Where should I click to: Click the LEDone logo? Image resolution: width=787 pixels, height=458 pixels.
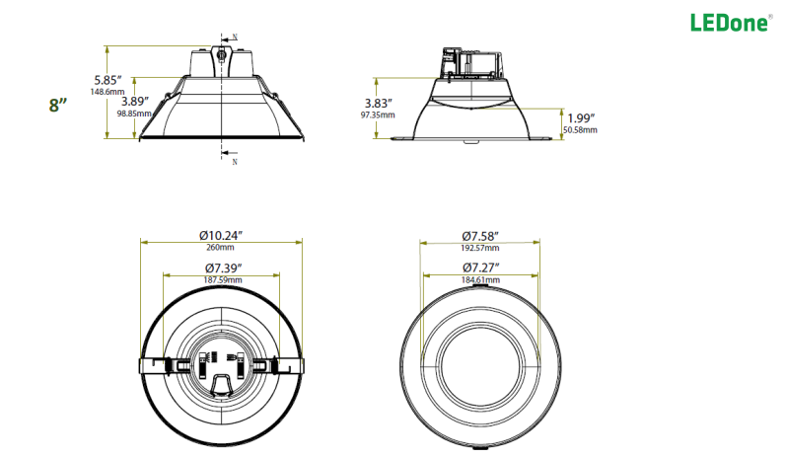pyautogui.click(x=730, y=22)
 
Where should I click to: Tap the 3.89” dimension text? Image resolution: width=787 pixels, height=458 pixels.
pyautogui.click(x=135, y=101)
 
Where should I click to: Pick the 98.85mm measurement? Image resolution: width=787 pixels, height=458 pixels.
pyautogui.click(x=135, y=113)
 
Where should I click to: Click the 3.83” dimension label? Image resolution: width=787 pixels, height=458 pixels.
pyautogui.click(x=378, y=103)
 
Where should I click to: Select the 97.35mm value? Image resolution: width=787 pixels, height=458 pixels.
pyautogui.click(x=378, y=114)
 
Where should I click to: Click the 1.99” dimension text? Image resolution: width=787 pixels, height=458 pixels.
pyautogui.click(x=581, y=117)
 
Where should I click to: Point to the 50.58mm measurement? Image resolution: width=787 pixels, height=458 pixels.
pyautogui.click(x=580, y=129)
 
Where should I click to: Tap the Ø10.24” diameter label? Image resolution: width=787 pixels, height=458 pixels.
pyautogui.click(x=221, y=235)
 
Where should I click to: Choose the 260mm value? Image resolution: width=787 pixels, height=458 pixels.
pyautogui.click(x=221, y=248)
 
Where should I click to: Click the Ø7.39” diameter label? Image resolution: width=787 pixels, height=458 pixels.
pyautogui.click(x=223, y=267)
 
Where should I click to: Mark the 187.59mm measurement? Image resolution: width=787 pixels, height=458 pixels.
pyautogui.click(x=222, y=279)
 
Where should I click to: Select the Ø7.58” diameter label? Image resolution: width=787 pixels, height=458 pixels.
pyautogui.click(x=479, y=235)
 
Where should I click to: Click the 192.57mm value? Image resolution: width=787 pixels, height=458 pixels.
pyautogui.click(x=479, y=248)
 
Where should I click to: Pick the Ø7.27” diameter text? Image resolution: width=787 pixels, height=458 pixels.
pyautogui.click(x=479, y=267)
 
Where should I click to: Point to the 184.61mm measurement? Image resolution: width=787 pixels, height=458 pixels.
pyautogui.click(x=479, y=280)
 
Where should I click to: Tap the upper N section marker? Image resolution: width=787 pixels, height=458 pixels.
pyautogui.click(x=234, y=38)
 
